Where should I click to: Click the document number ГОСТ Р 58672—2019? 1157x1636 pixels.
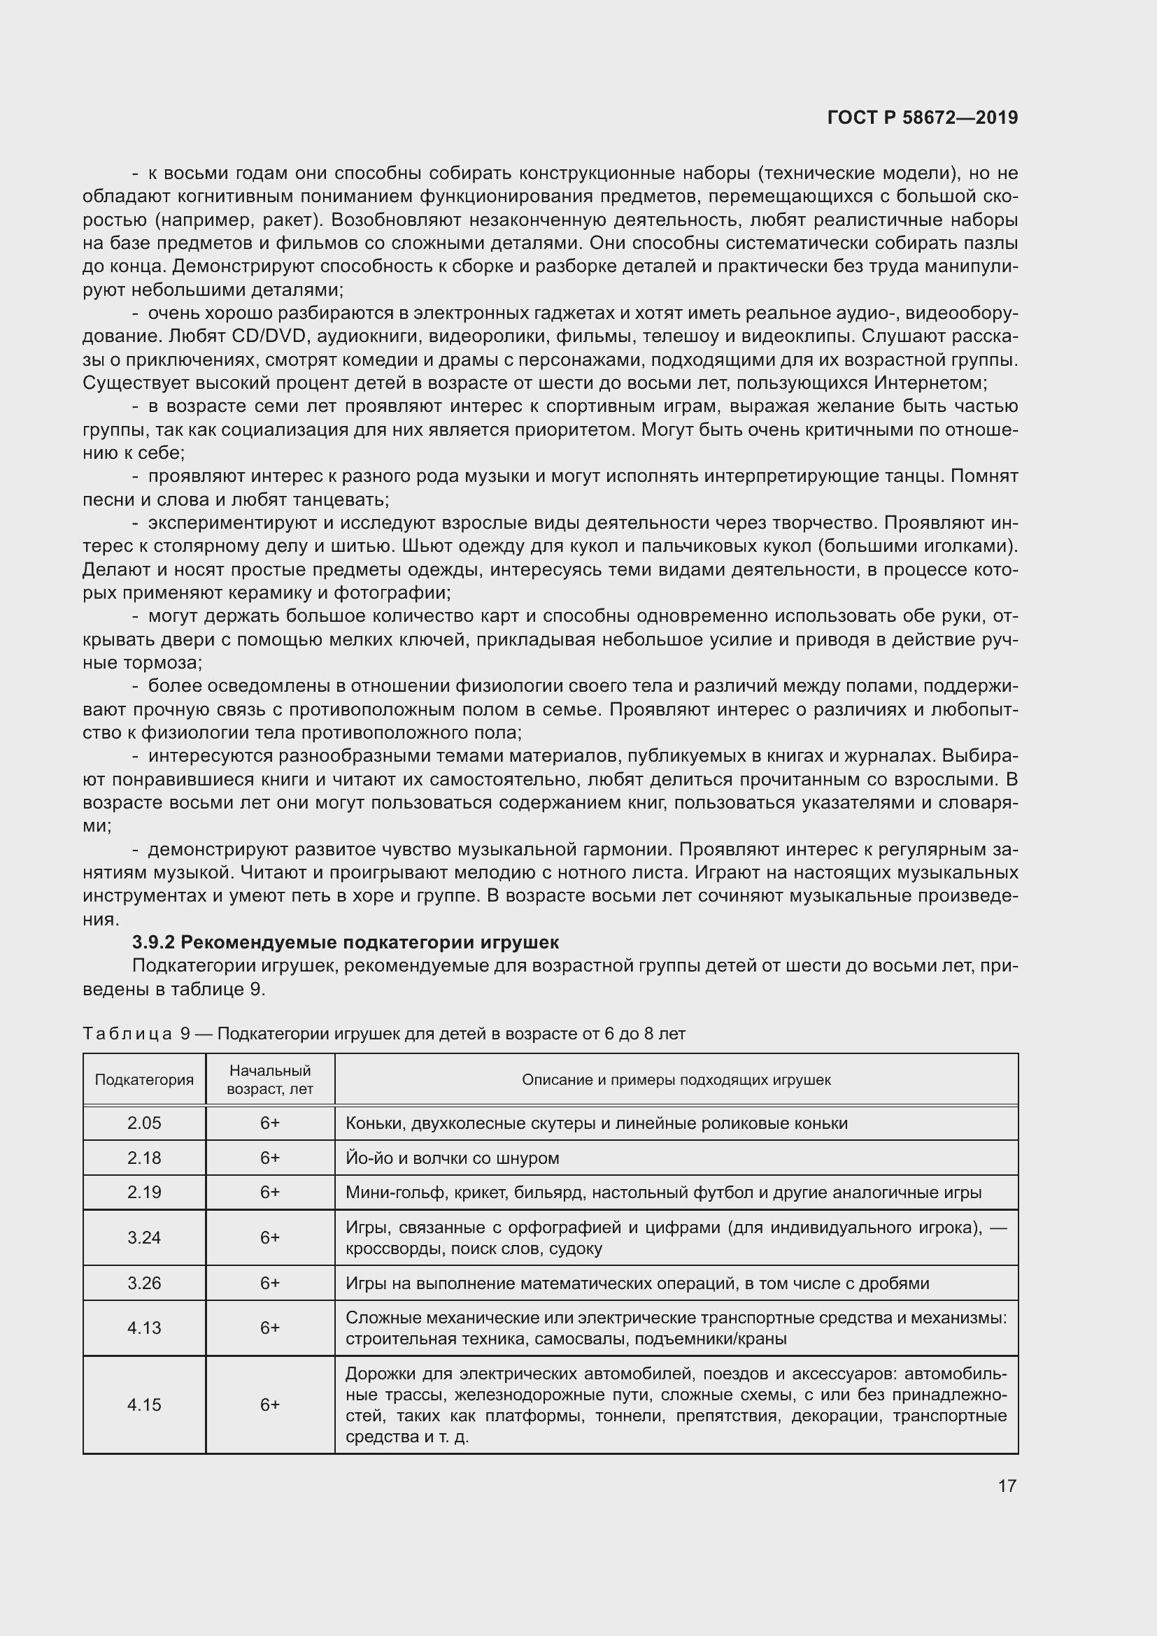click(x=923, y=118)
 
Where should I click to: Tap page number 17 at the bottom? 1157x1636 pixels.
click(x=1007, y=1486)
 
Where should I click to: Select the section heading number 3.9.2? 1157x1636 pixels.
click(x=153, y=942)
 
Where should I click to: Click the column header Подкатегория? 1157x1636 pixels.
click(x=144, y=1079)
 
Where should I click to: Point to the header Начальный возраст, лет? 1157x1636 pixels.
click(x=270, y=1079)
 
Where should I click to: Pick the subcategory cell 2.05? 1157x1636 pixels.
click(x=144, y=1123)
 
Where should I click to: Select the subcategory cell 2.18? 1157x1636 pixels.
click(x=144, y=1158)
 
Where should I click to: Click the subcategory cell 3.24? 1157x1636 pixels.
click(x=144, y=1238)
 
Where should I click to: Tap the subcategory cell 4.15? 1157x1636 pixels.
click(x=144, y=1405)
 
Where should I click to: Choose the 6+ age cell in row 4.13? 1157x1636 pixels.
click(x=270, y=1328)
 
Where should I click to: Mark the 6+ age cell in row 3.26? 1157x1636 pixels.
click(x=270, y=1283)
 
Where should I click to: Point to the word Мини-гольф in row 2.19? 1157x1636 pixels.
click(x=385, y=1193)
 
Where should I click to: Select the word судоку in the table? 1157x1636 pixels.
click(x=577, y=1249)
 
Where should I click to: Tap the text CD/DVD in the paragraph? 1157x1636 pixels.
click(x=271, y=336)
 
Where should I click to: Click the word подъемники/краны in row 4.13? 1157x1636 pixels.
click(x=710, y=1339)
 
